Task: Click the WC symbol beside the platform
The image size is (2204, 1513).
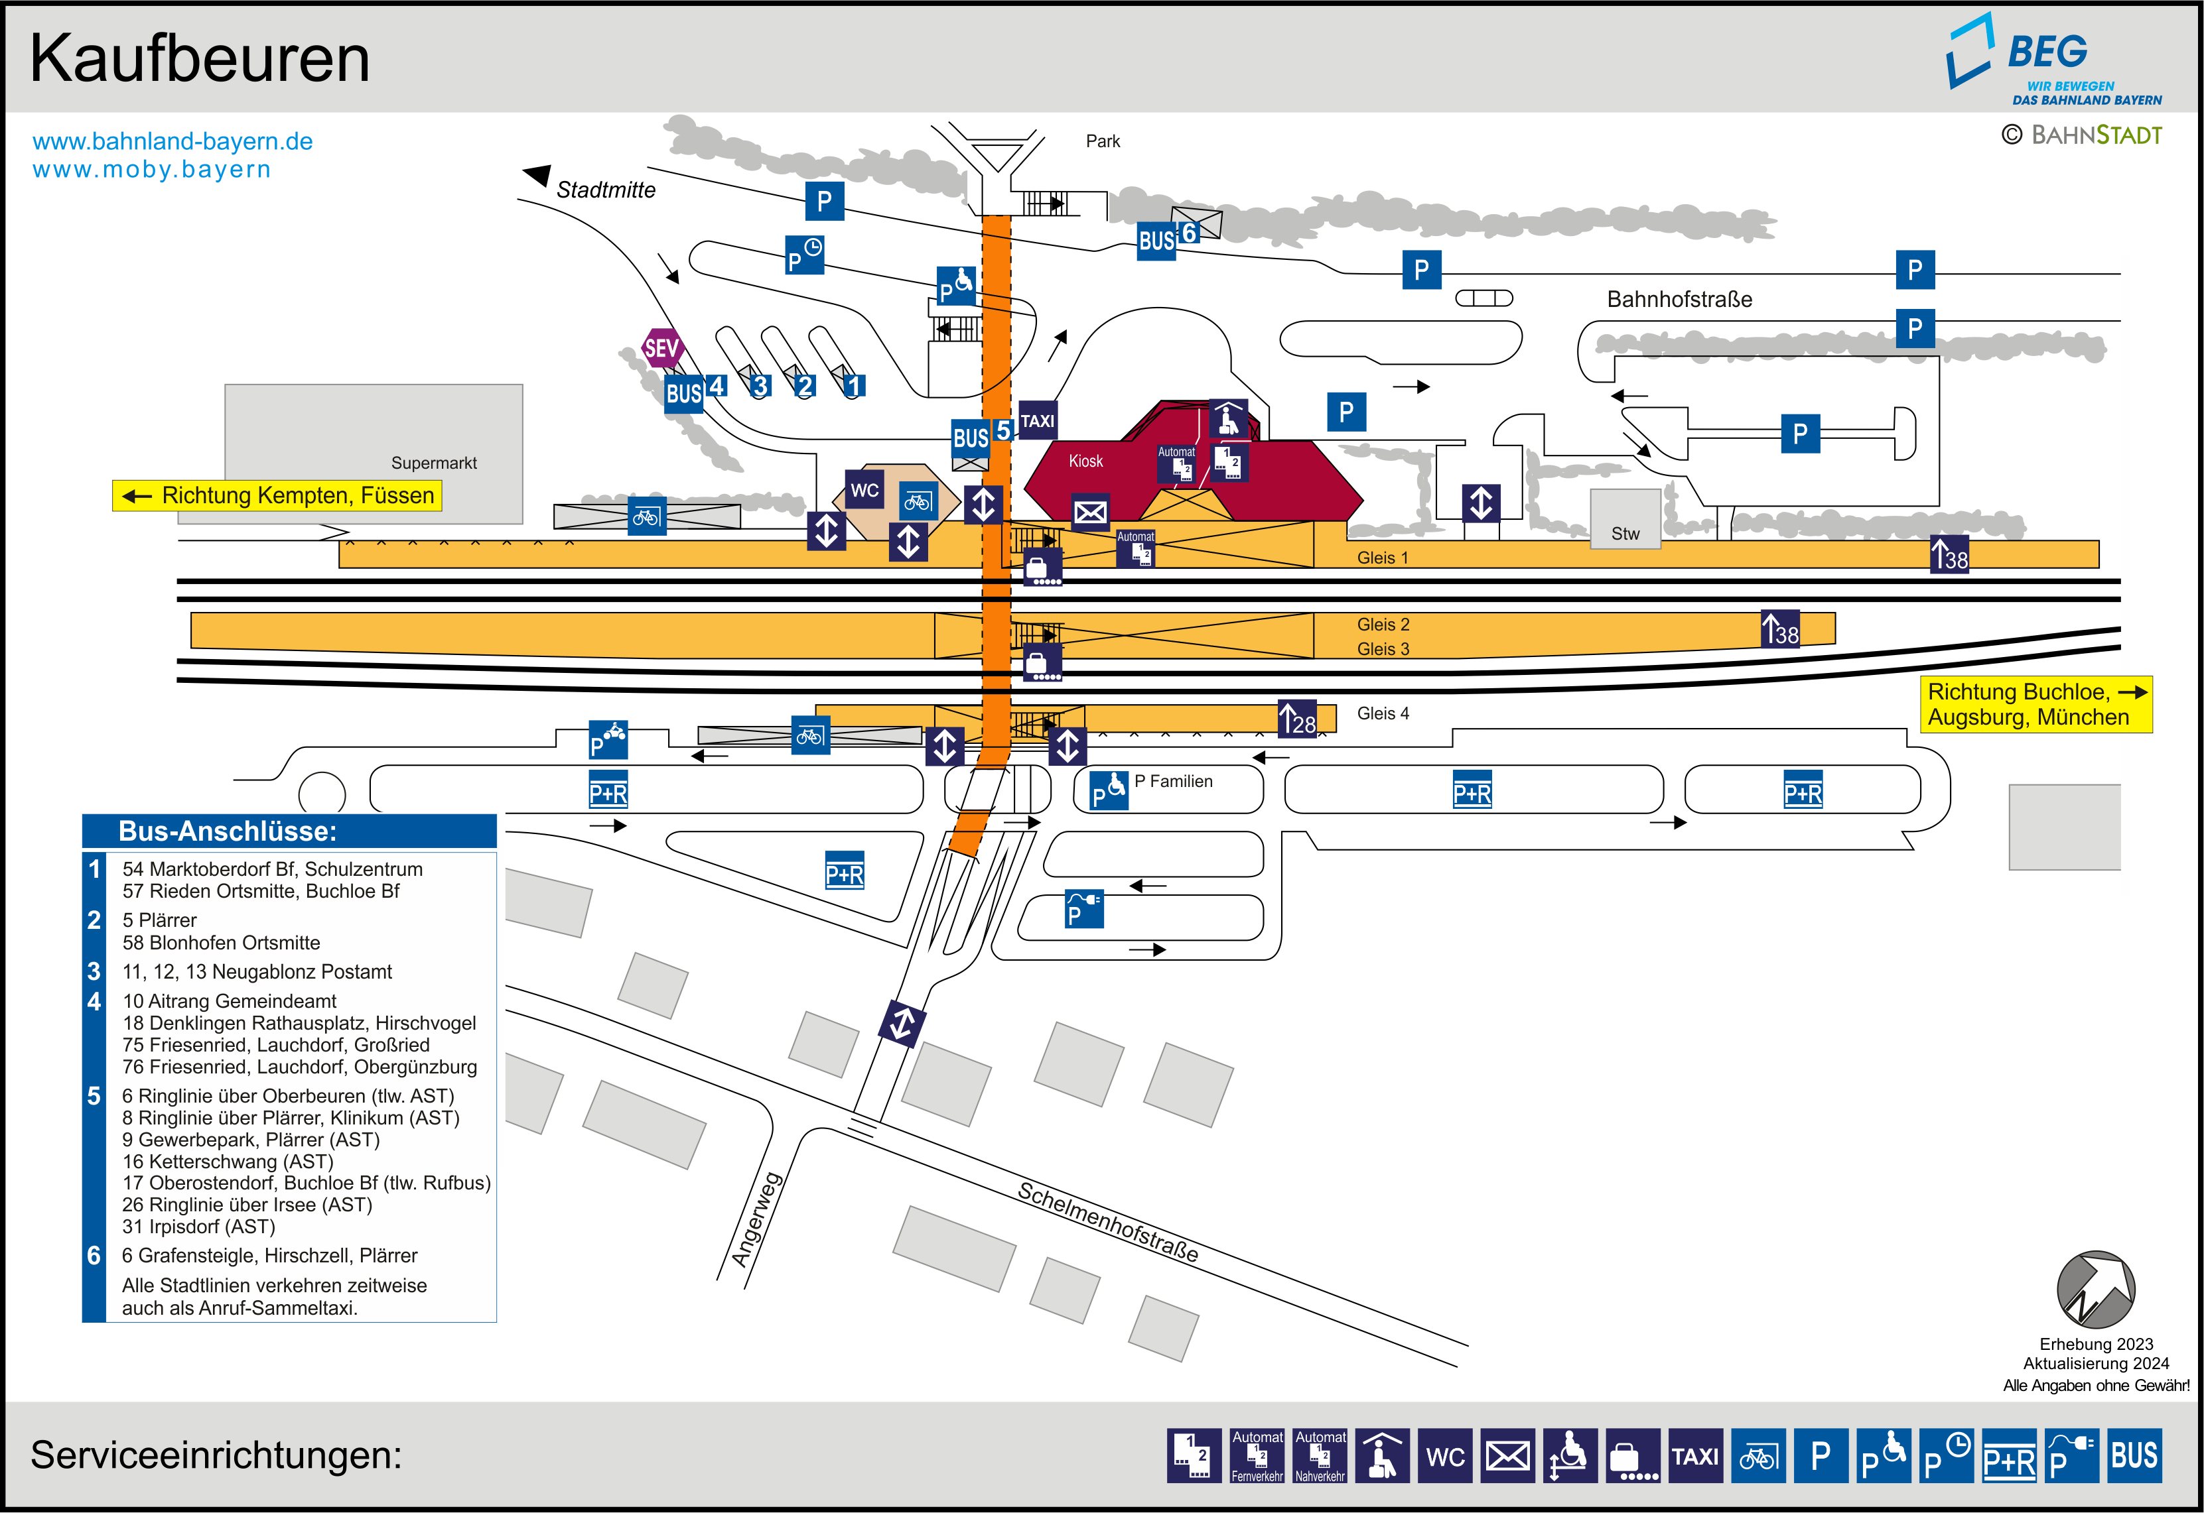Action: point(864,490)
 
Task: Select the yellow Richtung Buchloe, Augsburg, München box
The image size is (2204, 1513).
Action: point(2035,704)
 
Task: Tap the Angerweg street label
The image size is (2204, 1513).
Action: point(756,1219)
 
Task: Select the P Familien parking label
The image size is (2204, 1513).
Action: point(1173,781)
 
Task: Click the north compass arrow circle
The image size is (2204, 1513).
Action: point(2095,1290)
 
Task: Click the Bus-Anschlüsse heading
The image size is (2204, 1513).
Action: point(228,831)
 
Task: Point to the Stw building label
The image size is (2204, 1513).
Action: point(1625,534)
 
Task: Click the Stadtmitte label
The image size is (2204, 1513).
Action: point(605,190)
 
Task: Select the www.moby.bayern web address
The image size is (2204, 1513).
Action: point(152,170)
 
